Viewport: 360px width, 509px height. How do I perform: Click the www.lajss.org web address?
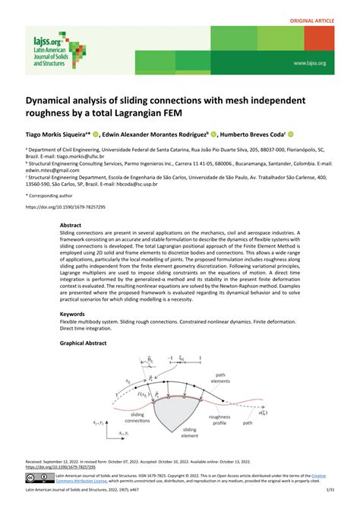click(x=310, y=63)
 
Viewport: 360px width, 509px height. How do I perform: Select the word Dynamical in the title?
click(x=56, y=100)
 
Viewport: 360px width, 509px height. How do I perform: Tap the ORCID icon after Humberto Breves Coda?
click(x=291, y=132)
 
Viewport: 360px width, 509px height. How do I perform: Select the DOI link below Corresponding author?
click(x=66, y=207)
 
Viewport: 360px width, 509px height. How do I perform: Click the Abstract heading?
click(x=71, y=226)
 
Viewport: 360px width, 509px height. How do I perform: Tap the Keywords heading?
click(x=73, y=313)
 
